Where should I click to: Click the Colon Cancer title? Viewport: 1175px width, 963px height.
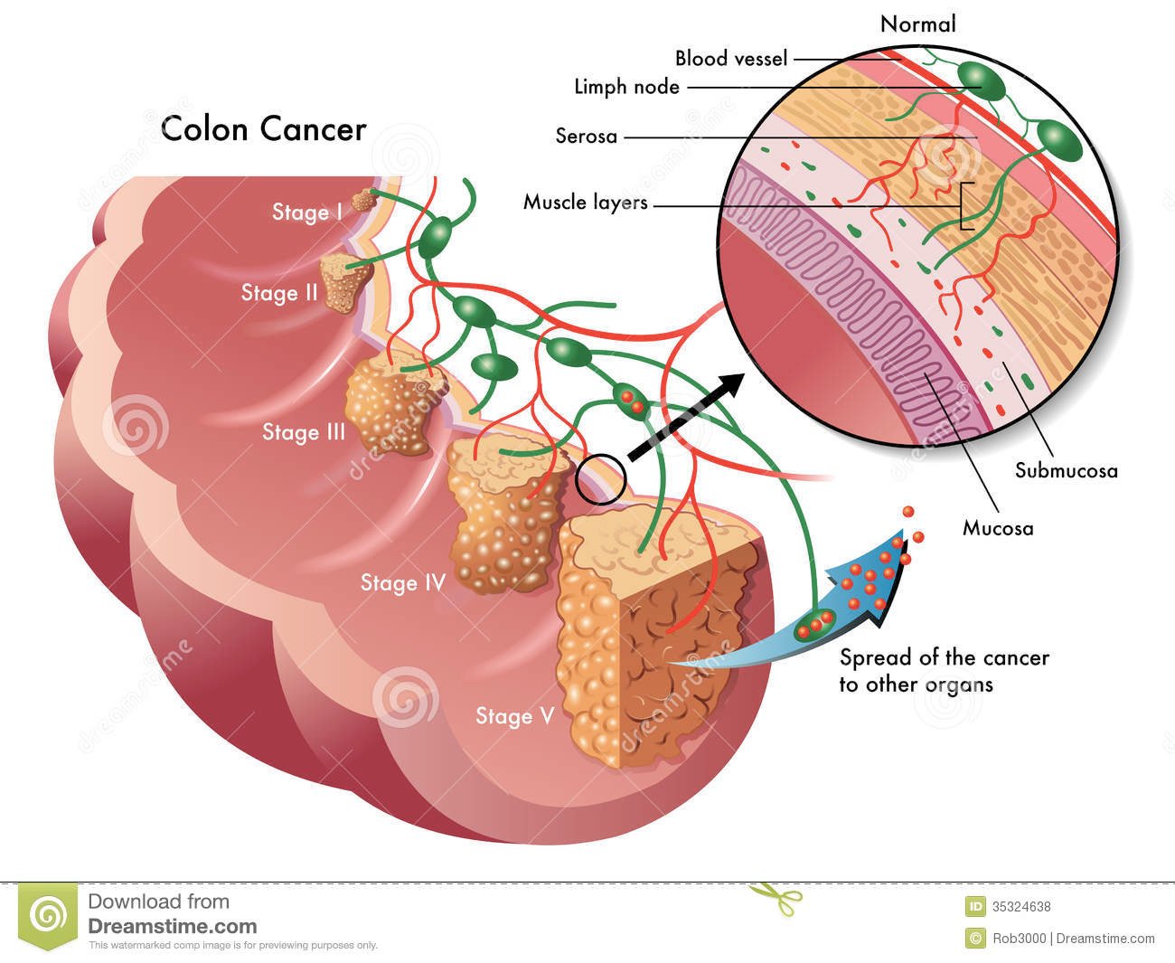[x=263, y=129]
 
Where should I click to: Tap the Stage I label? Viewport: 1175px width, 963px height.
[x=307, y=212]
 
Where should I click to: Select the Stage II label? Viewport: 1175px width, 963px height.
[x=279, y=293]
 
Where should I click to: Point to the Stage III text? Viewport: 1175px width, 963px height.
[x=304, y=432]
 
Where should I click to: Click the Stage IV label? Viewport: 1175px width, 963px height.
[x=403, y=583]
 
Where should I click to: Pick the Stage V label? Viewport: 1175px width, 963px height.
[x=515, y=716]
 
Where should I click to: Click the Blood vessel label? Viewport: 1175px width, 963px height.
[x=731, y=59]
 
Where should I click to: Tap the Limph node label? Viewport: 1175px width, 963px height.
[x=626, y=87]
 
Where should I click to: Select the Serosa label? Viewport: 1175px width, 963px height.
[x=586, y=136]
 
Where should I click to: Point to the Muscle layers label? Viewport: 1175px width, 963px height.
[x=586, y=203]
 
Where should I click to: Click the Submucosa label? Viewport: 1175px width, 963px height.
[x=1066, y=470]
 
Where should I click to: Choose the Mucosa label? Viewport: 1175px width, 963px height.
[x=998, y=528]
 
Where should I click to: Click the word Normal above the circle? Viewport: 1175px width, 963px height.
[x=917, y=24]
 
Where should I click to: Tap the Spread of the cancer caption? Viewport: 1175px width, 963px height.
[x=944, y=670]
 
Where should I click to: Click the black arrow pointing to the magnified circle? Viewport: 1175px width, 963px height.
[x=686, y=417]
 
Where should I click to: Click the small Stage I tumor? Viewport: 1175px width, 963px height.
[x=364, y=200]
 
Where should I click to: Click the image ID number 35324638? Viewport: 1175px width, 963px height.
[x=1021, y=907]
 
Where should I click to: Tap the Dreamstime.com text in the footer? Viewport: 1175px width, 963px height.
[x=172, y=926]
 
